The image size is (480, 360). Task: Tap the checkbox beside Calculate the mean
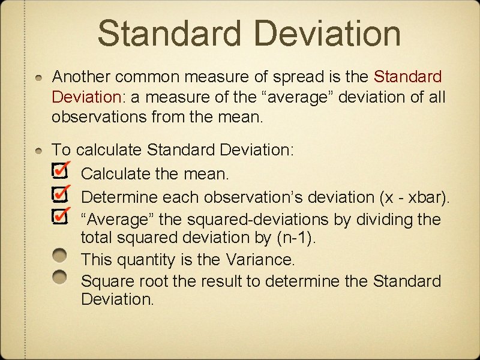click(x=59, y=172)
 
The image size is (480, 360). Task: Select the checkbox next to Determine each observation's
click(x=59, y=194)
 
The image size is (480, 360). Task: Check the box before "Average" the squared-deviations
click(x=59, y=216)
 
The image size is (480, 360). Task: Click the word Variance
click(x=260, y=260)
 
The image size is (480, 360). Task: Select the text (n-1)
click(x=296, y=238)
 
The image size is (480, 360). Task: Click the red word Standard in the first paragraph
click(x=407, y=77)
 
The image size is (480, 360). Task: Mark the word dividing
click(x=383, y=219)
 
